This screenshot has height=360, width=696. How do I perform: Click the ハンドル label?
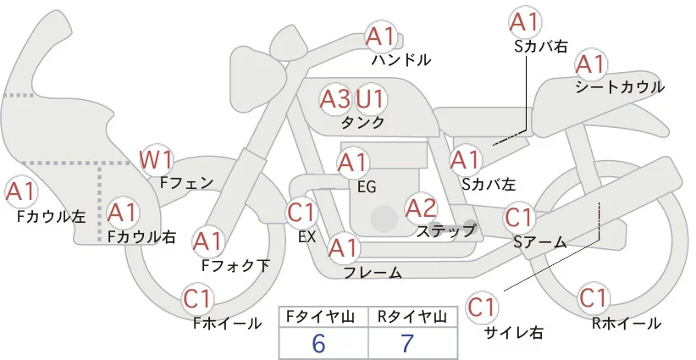point(401,60)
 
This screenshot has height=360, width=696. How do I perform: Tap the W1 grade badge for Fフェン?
point(157,158)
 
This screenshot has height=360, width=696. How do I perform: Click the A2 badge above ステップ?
point(421,207)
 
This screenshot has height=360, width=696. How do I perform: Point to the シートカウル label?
point(619,86)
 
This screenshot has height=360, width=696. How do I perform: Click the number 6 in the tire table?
point(319,342)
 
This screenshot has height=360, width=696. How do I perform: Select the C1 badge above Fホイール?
point(199,299)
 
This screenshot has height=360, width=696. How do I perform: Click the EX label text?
point(307,236)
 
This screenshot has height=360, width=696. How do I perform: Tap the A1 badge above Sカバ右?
point(524,22)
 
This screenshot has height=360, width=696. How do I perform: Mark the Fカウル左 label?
point(52,216)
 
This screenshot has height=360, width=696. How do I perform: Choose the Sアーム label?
point(539,241)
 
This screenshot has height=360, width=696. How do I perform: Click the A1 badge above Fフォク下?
point(207,241)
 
